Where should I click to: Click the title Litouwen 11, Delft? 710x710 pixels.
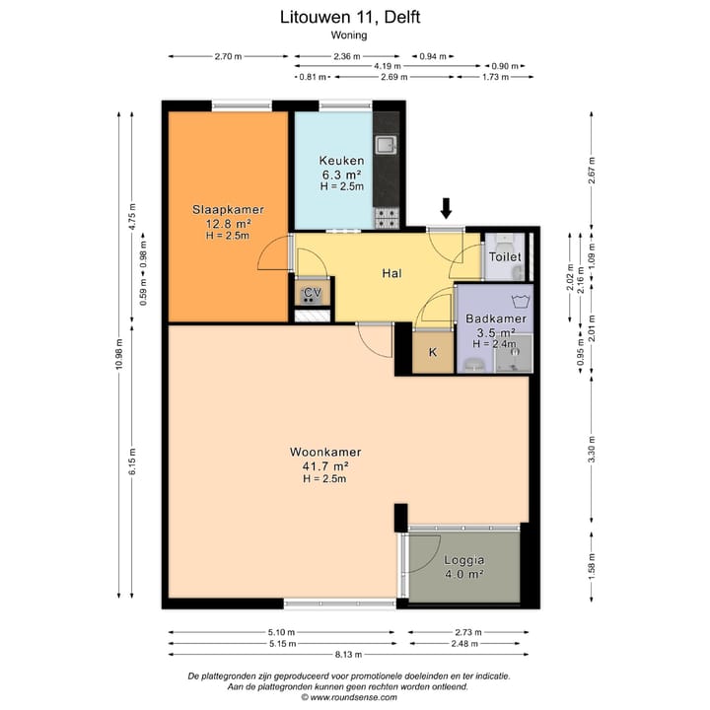[x=350, y=17]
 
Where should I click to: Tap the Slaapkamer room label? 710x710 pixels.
[x=228, y=210]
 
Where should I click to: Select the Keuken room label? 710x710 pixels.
[x=341, y=161]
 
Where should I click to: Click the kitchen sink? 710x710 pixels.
[x=386, y=144]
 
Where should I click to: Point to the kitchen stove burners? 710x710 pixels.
[x=388, y=218]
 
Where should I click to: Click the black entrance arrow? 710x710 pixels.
[x=447, y=208]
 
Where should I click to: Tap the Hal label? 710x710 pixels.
[x=391, y=273]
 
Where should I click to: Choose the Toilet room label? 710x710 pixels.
[x=505, y=256]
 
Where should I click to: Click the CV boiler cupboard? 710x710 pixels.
[x=312, y=294]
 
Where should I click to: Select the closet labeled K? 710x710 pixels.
[x=433, y=353]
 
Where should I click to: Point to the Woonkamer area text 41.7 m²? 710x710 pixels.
[x=325, y=465]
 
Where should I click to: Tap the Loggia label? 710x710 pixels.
[x=464, y=560]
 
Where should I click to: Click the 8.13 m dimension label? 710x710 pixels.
[x=348, y=655]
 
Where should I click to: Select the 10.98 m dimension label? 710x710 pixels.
[x=119, y=354]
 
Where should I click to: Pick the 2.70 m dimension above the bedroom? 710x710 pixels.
[x=228, y=56]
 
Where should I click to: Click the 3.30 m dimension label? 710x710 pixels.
[x=592, y=450]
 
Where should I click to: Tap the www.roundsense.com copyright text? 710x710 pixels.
[x=349, y=697]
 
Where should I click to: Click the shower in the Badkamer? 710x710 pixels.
[x=514, y=354]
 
